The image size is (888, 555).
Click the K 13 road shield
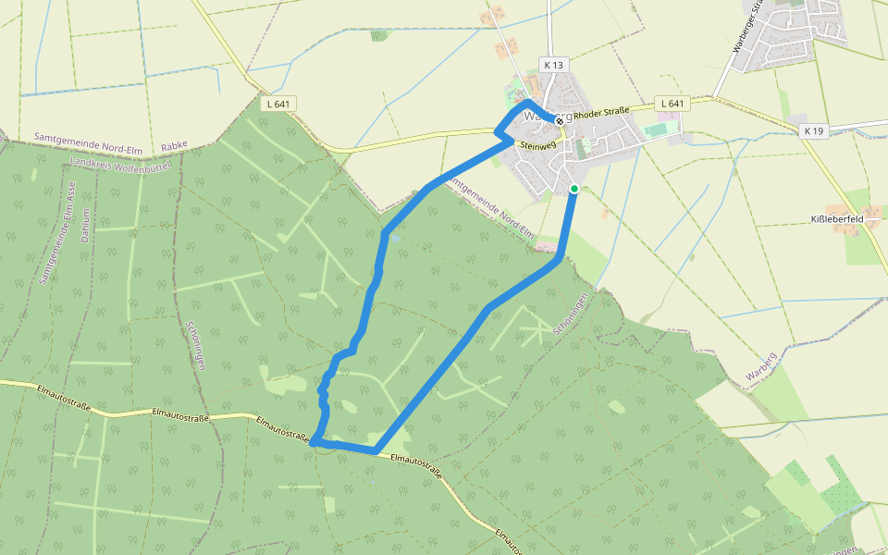554,65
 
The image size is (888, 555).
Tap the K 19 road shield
814,131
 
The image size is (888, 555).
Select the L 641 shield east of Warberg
673,104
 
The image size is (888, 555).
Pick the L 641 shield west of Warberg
277,104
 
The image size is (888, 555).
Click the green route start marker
574,189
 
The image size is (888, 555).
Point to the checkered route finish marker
560,121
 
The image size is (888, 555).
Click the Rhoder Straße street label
601,114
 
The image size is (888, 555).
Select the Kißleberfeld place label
836,219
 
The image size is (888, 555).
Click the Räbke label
175,146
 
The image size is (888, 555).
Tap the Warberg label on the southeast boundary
760,366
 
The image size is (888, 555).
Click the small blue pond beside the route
396,238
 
